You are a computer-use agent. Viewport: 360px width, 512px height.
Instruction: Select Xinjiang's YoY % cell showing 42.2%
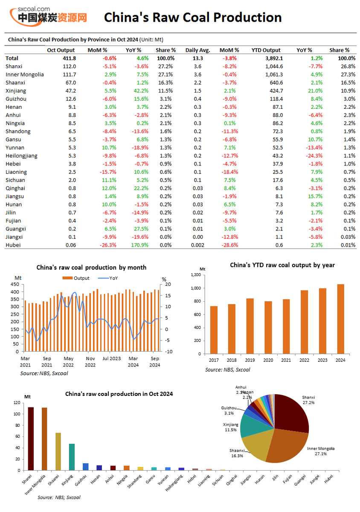(x=141, y=91)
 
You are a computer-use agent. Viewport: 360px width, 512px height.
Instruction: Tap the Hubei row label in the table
(x=13, y=245)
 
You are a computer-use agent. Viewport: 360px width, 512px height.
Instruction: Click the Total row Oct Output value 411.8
(x=69, y=58)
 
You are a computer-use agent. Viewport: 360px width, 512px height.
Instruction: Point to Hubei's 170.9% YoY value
(x=139, y=245)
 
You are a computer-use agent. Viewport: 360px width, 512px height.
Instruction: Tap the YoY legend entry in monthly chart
(x=108, y=278)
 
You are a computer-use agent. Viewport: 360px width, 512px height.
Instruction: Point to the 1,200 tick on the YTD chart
(x=195, y=275)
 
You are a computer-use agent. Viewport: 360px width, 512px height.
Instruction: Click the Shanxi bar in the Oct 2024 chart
(x=31, y=439)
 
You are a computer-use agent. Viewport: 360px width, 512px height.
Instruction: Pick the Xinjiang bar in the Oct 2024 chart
(x=72, y=457)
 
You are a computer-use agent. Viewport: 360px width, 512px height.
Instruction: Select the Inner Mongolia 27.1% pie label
(x=321, y=451)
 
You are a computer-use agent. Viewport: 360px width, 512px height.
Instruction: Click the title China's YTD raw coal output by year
(x=282, y=265)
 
